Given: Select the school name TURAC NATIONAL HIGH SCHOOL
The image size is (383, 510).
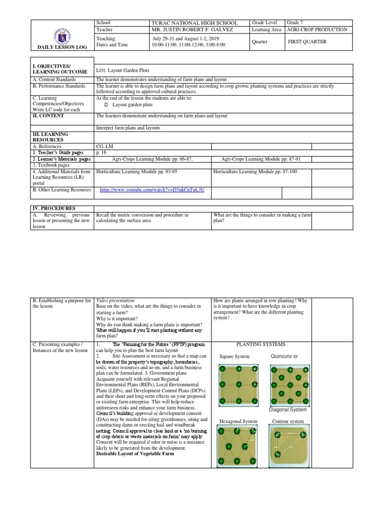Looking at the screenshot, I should click(x=194, y=23).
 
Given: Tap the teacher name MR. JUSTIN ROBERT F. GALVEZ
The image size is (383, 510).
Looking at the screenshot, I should click(x=194, y=30).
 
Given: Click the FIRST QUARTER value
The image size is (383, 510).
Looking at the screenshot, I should click(x=307, y=42).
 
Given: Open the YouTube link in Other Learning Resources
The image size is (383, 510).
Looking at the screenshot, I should click(x=152, y=190).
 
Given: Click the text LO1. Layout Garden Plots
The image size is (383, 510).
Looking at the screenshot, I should click(x=122, y=71).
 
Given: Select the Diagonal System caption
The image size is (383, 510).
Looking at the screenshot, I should click(x=288, y=409).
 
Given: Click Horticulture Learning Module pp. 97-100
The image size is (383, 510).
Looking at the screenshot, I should click(x=255, y=171).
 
